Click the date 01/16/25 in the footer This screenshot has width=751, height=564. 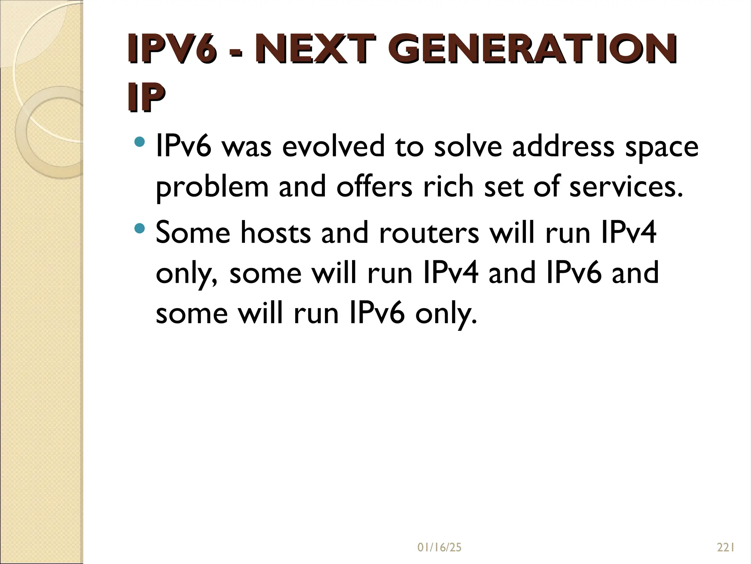[x=439, y=548]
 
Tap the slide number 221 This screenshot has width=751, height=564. [x=725, y=548]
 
